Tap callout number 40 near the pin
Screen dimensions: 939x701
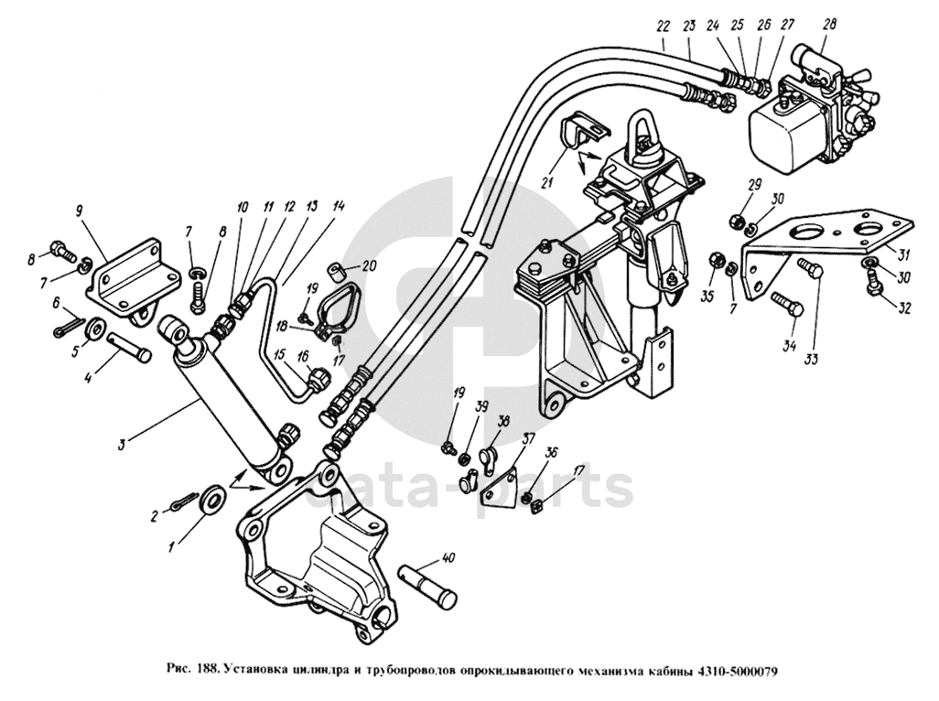pos(447,558)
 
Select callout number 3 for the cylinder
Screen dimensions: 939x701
pos(122,444)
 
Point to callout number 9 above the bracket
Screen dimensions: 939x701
pos(79,210)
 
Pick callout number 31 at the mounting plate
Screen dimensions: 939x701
pos(904,255)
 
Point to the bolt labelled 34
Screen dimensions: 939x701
pos(788,306)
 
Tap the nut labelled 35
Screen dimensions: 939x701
pos(716,261)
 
